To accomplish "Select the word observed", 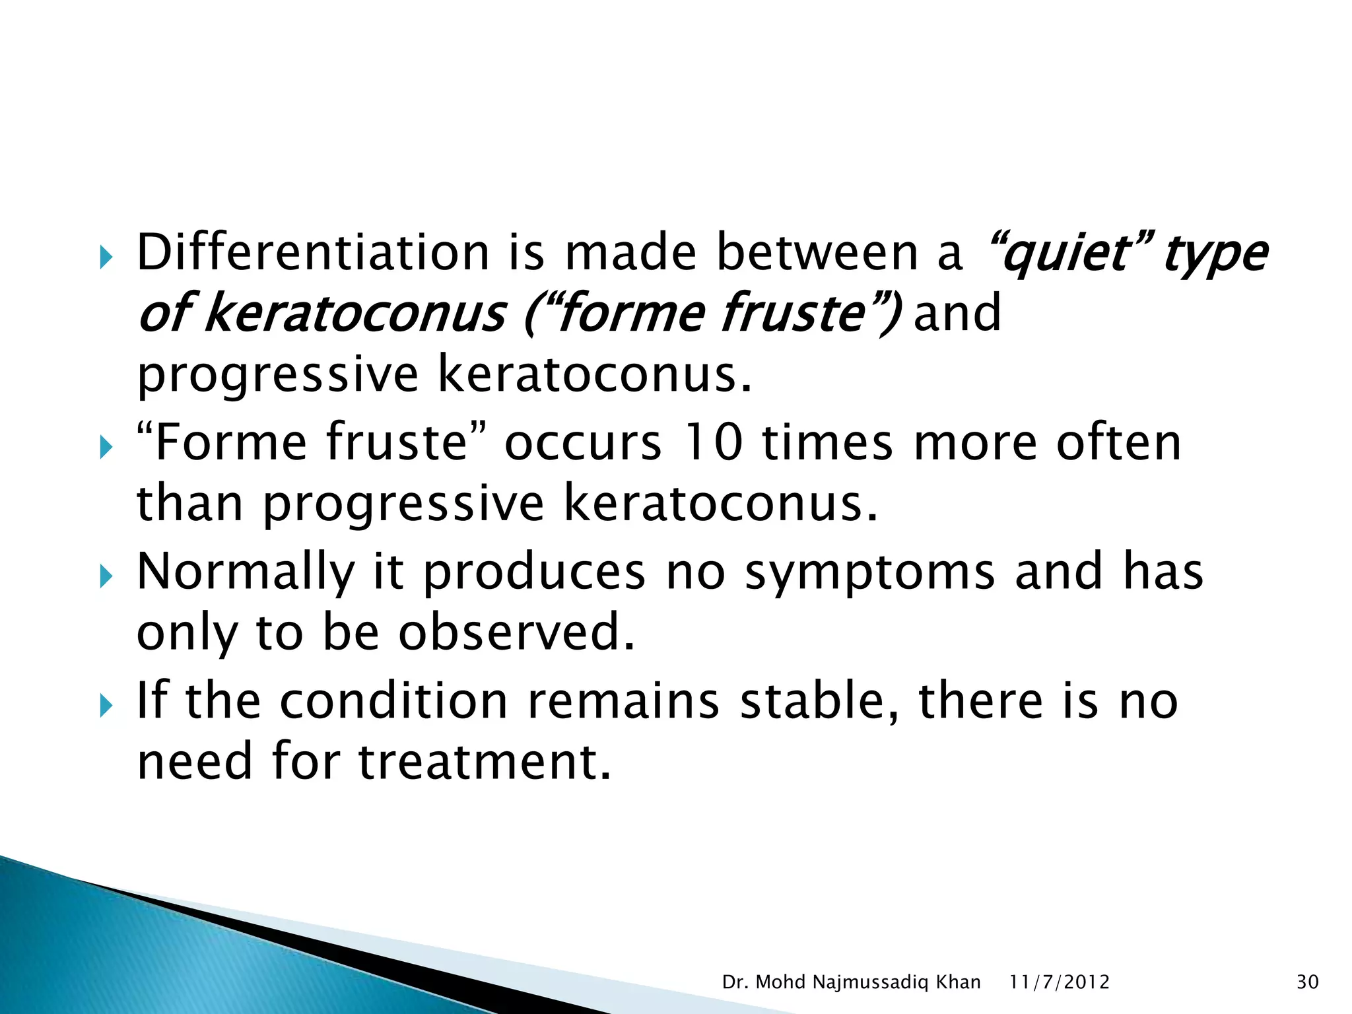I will [516, 632].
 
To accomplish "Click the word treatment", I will [485, 760].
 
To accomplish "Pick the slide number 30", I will [1307, 982].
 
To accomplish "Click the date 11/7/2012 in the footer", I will [1060, 982].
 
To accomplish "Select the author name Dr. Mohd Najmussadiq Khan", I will [851, 982].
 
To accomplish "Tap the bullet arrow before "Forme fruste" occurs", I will [106, 449].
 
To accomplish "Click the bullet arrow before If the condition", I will [106, 707].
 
